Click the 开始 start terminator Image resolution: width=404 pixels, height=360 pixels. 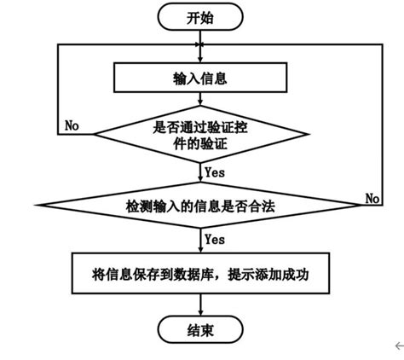click(200, 16)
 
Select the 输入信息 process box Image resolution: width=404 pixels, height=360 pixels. click(199, 78)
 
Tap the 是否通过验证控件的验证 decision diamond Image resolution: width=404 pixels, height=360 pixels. click(201, 134)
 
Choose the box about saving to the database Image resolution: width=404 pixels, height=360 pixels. click(199, 274)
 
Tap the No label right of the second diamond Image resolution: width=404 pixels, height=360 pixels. click(372, 198)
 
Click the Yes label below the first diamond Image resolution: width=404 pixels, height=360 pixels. click(215, 171)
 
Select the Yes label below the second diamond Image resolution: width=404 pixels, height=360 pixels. click(215, 239)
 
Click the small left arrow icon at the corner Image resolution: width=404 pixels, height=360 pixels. click(398, 345)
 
